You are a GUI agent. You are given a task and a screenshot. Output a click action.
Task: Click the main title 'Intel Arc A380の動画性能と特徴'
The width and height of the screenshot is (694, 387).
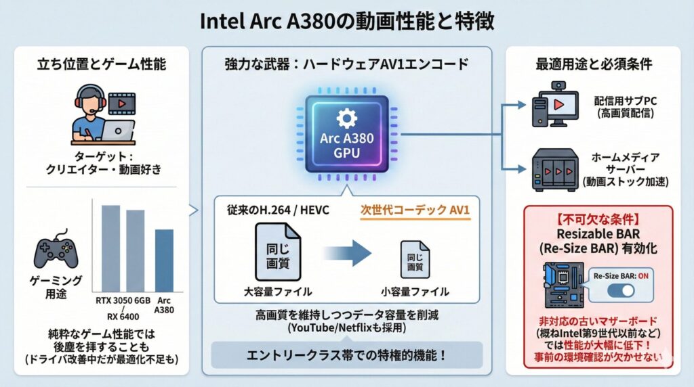click(x=347, y=20)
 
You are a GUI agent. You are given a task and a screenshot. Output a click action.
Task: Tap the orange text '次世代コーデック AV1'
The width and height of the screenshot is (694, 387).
click(x=413, y=210)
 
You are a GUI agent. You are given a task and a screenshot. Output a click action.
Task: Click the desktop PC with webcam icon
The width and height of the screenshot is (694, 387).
click(x=556, y=105)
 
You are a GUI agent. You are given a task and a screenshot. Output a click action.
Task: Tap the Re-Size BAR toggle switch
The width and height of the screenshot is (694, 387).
click(x=620, y=290)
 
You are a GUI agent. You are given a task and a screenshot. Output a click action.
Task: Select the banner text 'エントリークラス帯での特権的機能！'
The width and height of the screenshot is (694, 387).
click(x=347, y=355)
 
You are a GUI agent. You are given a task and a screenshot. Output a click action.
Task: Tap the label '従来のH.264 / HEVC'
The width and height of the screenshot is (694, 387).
click(x=278, y=210)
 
